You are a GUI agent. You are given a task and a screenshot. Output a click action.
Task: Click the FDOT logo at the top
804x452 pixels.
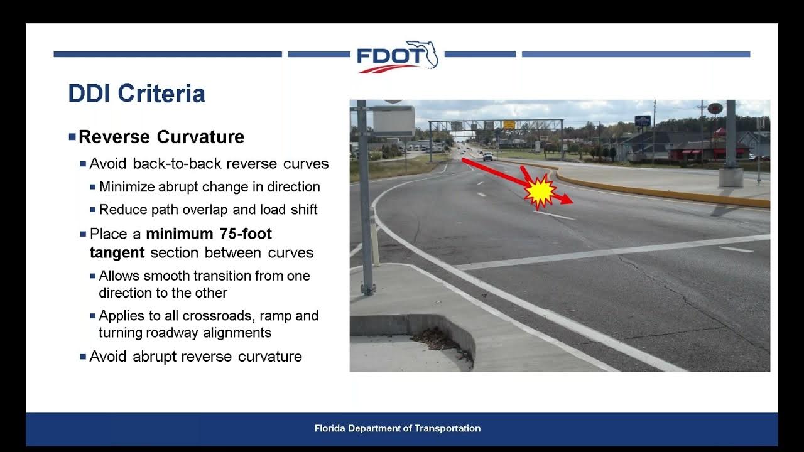[397, 56]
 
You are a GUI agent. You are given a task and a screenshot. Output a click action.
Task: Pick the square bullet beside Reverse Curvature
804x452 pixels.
[72, 136]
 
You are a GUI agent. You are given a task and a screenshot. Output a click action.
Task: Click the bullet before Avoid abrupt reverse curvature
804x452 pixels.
[83, 357]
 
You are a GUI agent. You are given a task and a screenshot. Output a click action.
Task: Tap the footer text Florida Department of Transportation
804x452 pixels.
[397, 428]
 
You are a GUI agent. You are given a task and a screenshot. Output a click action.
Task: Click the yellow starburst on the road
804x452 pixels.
[540, 191]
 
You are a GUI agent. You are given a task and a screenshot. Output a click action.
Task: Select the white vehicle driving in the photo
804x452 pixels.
[487, 157]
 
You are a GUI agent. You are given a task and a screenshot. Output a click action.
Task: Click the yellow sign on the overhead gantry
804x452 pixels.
[509, 124]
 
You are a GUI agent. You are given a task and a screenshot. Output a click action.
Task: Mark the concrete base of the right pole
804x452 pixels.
[731, 177]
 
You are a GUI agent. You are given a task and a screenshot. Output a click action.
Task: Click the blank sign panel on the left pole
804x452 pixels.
[393, 121]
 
